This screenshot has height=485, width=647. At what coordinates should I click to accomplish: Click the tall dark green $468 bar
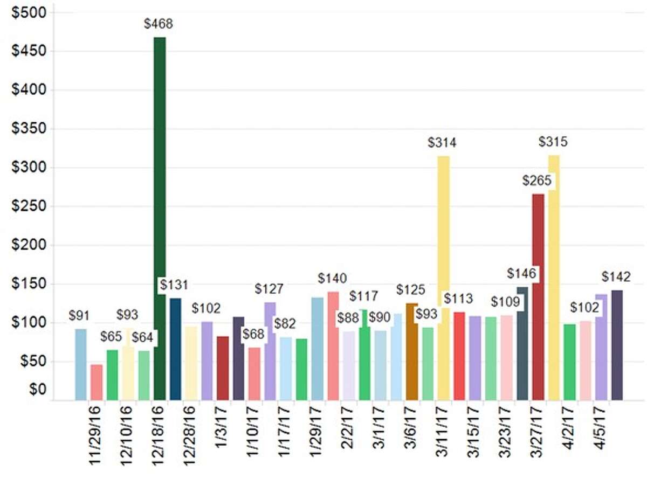pyautogui.click(x=160, y=216)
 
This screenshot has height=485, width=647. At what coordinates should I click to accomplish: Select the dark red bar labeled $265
pyautogui.click(x=538, y=296)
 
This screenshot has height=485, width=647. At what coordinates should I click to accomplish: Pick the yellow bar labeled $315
pyautogui.click(x=554, y=269)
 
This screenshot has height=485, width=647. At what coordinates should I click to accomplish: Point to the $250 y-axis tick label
pyautogui.click(x=29, y=206)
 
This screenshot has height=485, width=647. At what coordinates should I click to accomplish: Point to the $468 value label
pyautogui.click(x=159, y=24)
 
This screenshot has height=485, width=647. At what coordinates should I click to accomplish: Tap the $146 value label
pyautogui.click(x=521, y=273)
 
